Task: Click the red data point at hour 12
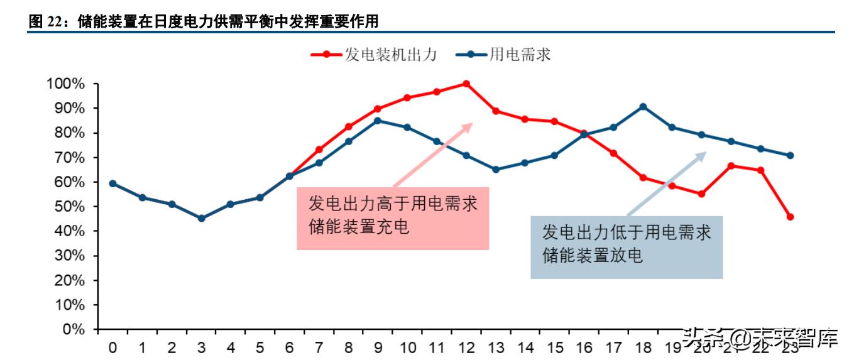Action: tap(466, 84)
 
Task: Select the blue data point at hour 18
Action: tap(643, 107)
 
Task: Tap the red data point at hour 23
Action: tap(790, 217)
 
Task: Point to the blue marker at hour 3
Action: tap(201, 219)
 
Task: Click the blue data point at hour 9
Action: tap(378, 121)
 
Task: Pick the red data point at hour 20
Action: tap(701, 194)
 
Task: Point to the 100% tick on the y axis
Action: tap(65, 84)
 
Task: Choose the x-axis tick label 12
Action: tap(466, 347)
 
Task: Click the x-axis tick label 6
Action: tap(289, 347)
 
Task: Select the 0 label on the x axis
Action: tap(112, 347)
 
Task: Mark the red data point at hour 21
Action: tap(731, 166)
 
